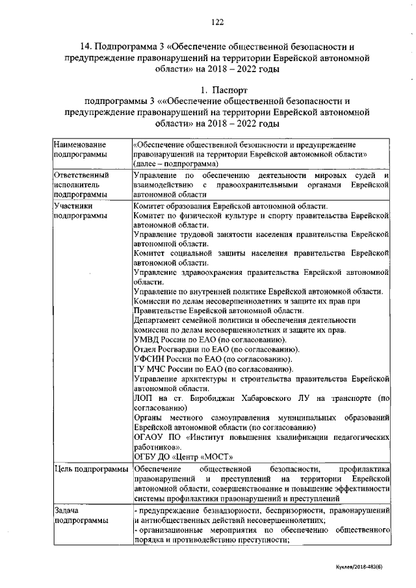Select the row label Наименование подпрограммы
point(80,148)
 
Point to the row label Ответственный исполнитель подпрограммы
point(81,185)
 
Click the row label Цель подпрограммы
point(90,468)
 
